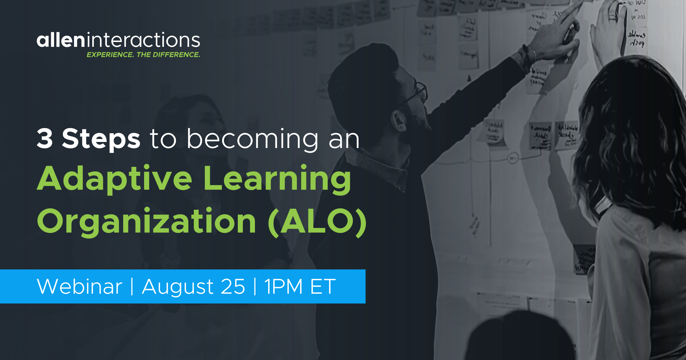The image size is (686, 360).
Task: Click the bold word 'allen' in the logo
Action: click(61, 40)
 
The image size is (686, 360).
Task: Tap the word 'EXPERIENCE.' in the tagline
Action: click(110, 55)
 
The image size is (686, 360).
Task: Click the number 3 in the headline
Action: click(45, 139)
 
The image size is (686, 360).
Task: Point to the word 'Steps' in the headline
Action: click(101, 139)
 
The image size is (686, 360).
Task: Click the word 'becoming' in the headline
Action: click(252, 140)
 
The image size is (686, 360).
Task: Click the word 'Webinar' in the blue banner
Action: click(79, 287)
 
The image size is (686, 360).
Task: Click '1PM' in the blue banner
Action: click(283, 287)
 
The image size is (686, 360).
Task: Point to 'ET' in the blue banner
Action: click(323, 287)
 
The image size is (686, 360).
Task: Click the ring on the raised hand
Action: click(612, 18)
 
